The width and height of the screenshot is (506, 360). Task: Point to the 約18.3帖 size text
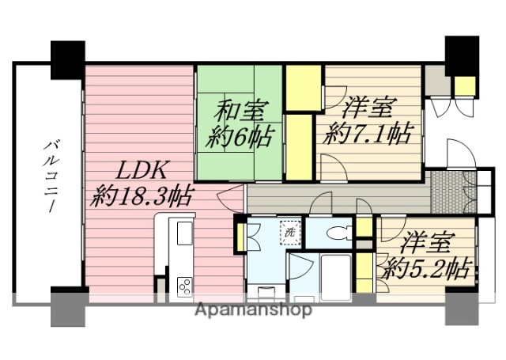coord(142,195)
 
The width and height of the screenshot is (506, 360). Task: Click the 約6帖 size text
coord(238,136)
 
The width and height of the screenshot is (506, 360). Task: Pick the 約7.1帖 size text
coord(368,132)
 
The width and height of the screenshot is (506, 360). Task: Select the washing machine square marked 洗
coord(290,233)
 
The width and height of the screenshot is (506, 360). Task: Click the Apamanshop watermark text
coord(254,309)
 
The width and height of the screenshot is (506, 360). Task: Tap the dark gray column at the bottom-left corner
coord(67,309)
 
